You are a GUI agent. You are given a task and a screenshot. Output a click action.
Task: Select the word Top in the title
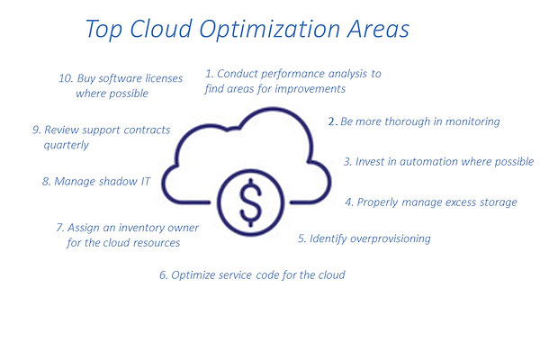(106, 29)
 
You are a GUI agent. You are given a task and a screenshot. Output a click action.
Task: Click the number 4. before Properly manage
(349, 202)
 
